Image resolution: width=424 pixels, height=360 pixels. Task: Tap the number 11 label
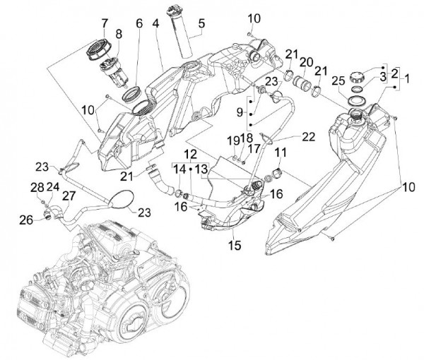click(280, 152)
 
